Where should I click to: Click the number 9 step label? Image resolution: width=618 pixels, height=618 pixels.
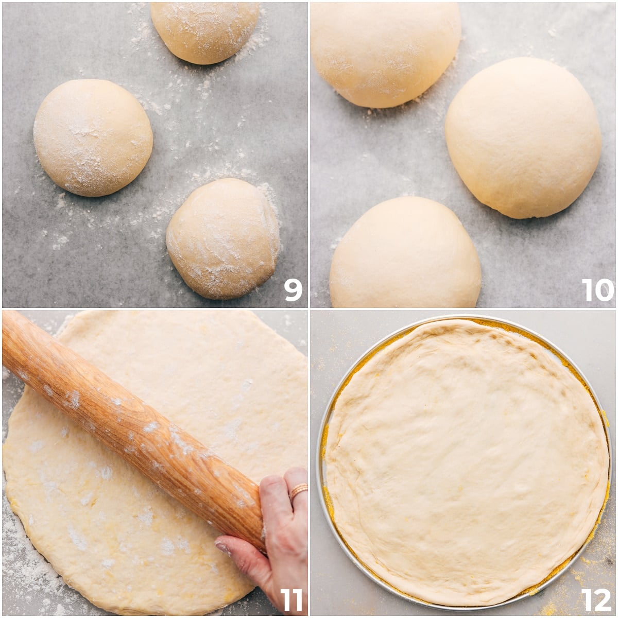pyautogui.click(x=293, y=290)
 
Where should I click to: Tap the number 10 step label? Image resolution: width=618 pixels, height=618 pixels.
pyautogui.click(x=598, y=290)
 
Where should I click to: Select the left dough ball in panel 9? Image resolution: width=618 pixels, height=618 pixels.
pyautogui.click(x=93, y=138)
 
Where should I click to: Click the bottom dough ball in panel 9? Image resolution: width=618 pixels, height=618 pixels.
pyautogui.click(x=223, y=238)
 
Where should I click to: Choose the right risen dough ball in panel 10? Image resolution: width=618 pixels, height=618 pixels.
pyautogui.click(x=523, y=138)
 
